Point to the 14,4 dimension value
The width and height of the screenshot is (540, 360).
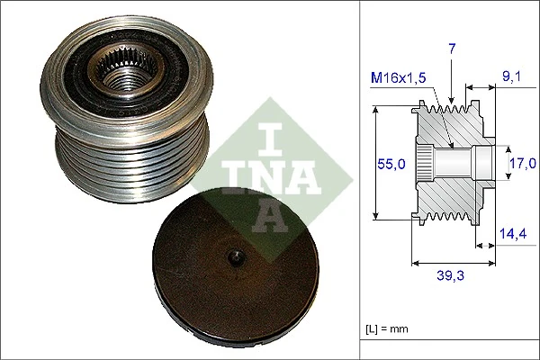point(513,233)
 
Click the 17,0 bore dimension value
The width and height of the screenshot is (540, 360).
point(521,163)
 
